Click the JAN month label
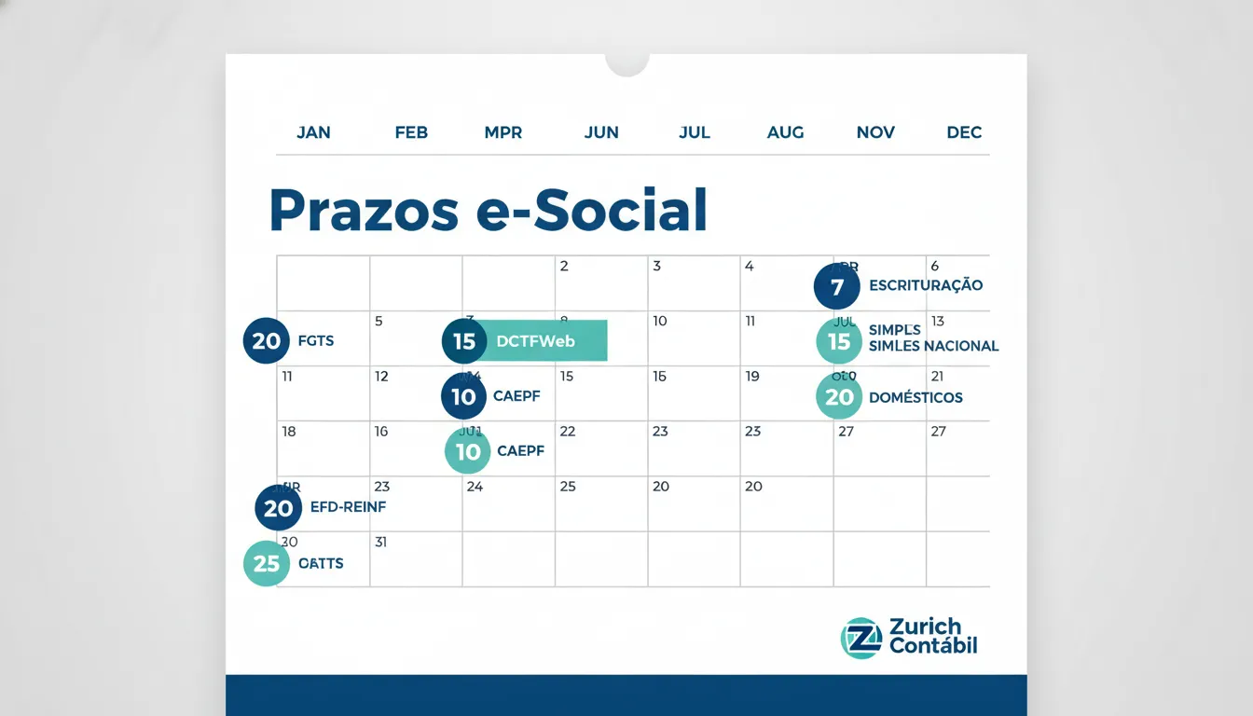[x=313, y=132]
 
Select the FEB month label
[x=411, y=132]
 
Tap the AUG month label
[x=785, y=132]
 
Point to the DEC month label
[x=964, y=132]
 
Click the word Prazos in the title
[x=364, y=211]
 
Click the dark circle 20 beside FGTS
[x=267, y=341]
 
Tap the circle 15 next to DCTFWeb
[x=464, y=341]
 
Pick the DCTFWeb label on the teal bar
[x=536, y=341]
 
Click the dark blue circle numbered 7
[x=837, y=286]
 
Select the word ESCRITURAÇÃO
[x=926, y=285]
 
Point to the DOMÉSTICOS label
[x=916, y=397]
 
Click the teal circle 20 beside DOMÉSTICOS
[x=839, y=397]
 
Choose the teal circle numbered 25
[x=267, y=564]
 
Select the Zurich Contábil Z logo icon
[x=861, y=638]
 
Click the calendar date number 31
[x=380, y=542]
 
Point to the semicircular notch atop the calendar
[x=626, y=63]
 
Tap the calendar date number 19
[x=752, y=377]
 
